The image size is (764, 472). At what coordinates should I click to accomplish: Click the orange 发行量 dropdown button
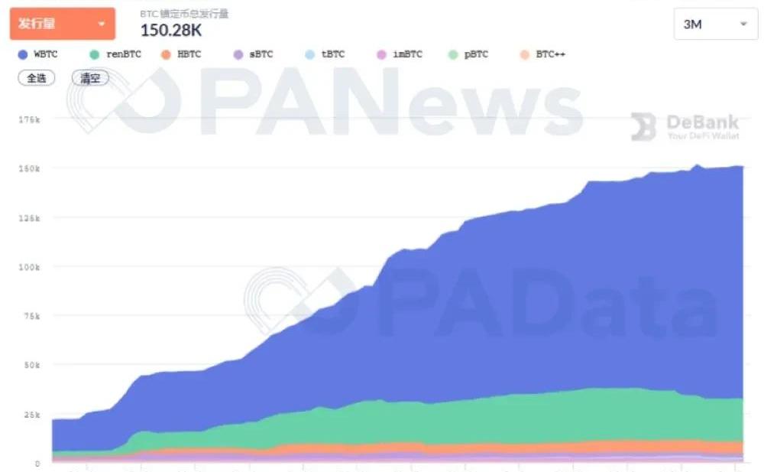pos(62,24)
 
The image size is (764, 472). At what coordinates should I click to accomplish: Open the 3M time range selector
pos(715,24)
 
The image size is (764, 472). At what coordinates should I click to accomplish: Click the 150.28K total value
pos(171,30)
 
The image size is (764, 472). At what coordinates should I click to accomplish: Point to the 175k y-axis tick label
pos(28,119)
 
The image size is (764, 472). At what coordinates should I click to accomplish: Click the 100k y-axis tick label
pos(28,267)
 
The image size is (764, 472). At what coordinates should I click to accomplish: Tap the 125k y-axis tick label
pos(28,218)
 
